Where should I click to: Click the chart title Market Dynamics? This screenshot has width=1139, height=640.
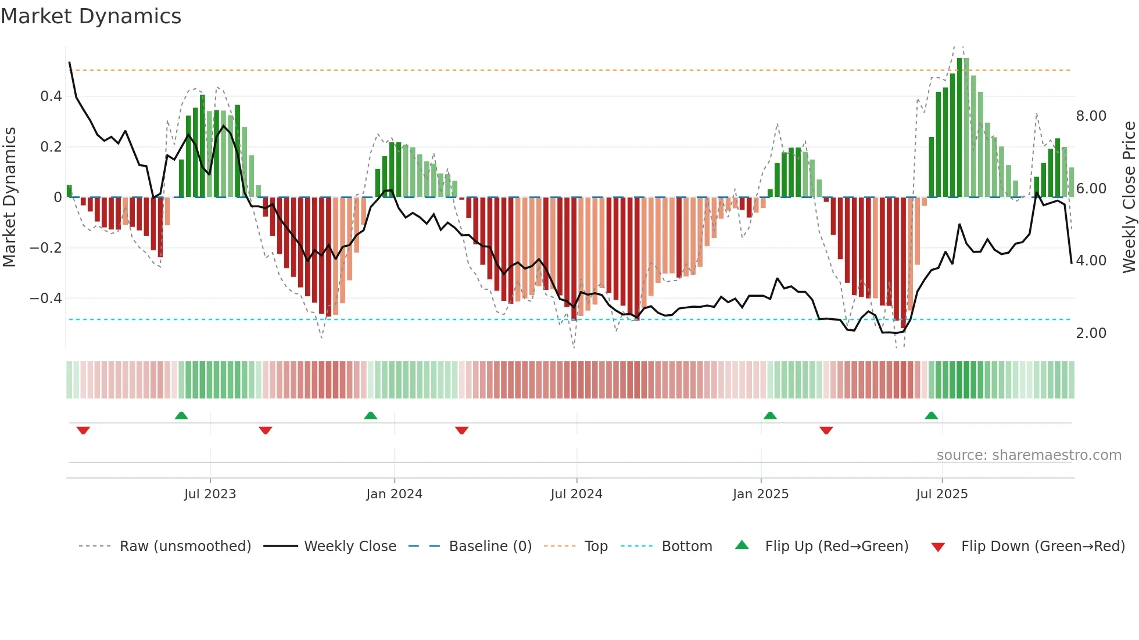pyautogui.click(x=91, y=16)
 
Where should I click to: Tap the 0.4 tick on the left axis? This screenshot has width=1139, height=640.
pyautogui.click(x=51, y=96)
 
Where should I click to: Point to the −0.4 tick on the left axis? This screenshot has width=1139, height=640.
pyautogui.click(x=46, y=299)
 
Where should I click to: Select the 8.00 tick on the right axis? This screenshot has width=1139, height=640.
pyautogui.click(x=1091, y=116)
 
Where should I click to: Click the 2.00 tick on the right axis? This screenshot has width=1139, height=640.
pyautogui.click(x=1091, y=333)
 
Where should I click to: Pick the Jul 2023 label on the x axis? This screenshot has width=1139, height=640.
pyautogui.click(x=210, y=494)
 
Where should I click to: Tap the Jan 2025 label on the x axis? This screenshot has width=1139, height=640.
pyautogui.click(x=760, y=494)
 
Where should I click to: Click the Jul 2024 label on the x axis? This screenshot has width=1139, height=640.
pyautogui.click(x=576, y=494)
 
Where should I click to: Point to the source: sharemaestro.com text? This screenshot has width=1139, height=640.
pyautogui.click(x=1029, y=455)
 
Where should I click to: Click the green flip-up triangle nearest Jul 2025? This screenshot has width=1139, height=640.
pyautogui.click(x=931, y=416)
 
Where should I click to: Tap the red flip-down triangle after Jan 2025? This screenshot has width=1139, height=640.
pyautogui.click(x=826, y=430)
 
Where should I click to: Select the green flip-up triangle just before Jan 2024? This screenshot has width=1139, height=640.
pyautogui.click(x=370, y=416)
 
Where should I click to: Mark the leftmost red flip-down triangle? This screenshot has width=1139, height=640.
pyautogui.click(x=83, y=430)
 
